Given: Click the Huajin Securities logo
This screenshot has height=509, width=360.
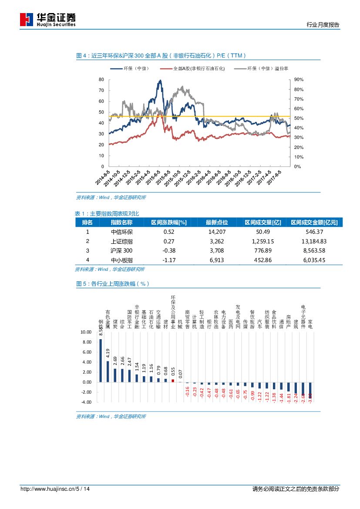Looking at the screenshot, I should coord(48,19).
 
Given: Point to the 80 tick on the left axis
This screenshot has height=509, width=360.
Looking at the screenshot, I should coord(101,80).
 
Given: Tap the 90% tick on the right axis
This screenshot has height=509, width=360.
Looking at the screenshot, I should coord(299,80).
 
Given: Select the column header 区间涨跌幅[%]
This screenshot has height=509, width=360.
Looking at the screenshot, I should coord(168,222).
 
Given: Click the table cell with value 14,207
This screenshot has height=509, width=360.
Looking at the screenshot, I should coord(217,232).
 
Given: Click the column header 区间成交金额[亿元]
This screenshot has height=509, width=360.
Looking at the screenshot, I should coord(314,222).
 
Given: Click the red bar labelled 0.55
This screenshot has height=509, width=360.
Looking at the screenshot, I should coord(173,381).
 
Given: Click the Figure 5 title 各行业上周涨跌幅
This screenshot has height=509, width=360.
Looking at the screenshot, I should coord(113,283).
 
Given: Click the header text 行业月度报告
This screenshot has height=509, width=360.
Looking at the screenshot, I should coord(323,25).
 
